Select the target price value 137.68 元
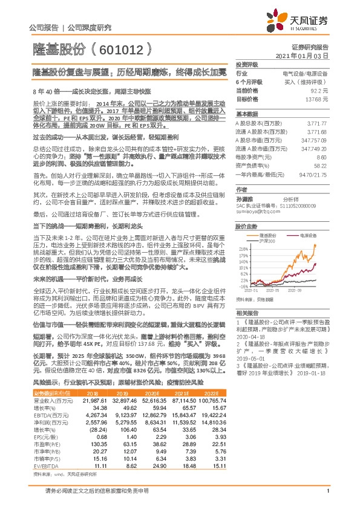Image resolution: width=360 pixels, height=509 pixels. click(318, 98)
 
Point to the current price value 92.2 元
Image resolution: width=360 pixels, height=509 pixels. click(320, 89)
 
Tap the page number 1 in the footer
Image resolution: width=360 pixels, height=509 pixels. click(327, 498)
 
